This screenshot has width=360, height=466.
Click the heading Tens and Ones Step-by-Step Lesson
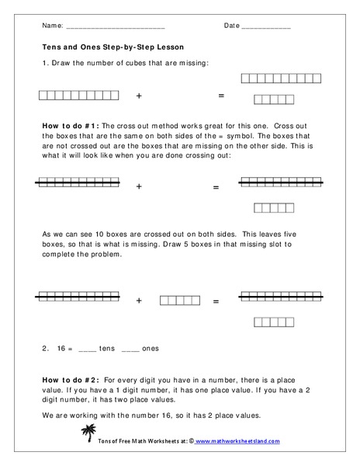[x=113, y=47]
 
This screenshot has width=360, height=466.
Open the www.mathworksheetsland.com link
[x=237, y=441]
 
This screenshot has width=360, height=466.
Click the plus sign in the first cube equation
[x=140, y=96]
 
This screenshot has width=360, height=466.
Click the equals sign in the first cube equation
[x=220, y=96]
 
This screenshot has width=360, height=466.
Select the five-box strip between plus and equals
[x=180, y=300]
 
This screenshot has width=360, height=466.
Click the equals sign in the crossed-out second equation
[x=216, y=187]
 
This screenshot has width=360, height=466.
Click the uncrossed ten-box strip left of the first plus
[x=77, y=96]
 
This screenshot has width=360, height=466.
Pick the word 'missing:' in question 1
[x=194, y=62]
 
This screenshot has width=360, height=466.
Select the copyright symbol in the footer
[x=189, y=441]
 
